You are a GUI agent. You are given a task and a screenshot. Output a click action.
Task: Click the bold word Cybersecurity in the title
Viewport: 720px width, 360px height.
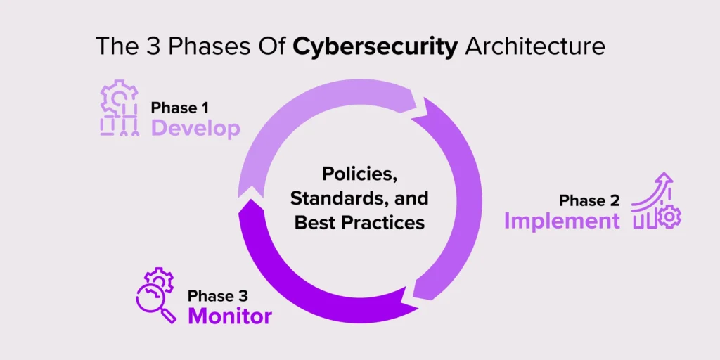[375, 47]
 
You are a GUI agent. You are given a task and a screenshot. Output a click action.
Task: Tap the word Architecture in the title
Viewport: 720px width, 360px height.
[534, 46]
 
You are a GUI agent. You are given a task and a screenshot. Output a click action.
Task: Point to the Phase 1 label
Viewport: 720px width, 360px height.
[179, 108]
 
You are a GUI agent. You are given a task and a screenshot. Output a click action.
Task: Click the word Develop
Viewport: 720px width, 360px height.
[195, 129]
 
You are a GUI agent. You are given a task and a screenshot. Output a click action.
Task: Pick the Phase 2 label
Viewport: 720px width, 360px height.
[589, 200]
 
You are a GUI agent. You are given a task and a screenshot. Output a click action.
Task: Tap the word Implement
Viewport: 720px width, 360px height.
[562, 221]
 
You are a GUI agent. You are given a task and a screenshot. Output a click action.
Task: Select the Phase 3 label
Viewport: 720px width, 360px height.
[218, 296]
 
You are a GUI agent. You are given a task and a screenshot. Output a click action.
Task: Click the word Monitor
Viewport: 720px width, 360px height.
[230, 316]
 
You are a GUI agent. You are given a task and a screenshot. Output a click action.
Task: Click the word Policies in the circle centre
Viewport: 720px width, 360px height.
[359, 175]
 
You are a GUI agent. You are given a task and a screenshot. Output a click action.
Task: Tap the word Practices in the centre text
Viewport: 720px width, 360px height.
[386, 223]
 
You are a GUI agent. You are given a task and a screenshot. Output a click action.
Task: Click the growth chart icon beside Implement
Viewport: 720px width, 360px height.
[656, 200]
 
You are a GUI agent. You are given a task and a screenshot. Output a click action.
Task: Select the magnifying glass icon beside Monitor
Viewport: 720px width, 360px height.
[155, 301]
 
